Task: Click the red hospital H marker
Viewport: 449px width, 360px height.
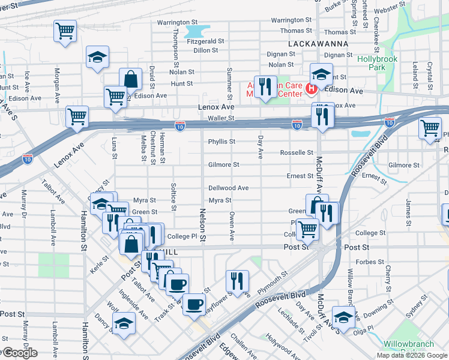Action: coord(311,89)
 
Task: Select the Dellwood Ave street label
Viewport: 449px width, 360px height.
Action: coord(228,188)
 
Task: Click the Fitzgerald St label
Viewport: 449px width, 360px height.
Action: coord(205,41)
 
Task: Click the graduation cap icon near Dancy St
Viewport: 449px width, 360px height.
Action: coord(124,323)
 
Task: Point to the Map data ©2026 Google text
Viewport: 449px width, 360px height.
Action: coord(412,355)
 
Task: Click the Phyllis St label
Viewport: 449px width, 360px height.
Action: coord(221,142)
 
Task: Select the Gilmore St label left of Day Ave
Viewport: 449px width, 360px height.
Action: coord(223,164)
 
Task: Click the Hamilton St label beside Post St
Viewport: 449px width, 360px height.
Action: coord(83,229)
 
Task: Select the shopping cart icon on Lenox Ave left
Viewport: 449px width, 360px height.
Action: coord(77,118)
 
